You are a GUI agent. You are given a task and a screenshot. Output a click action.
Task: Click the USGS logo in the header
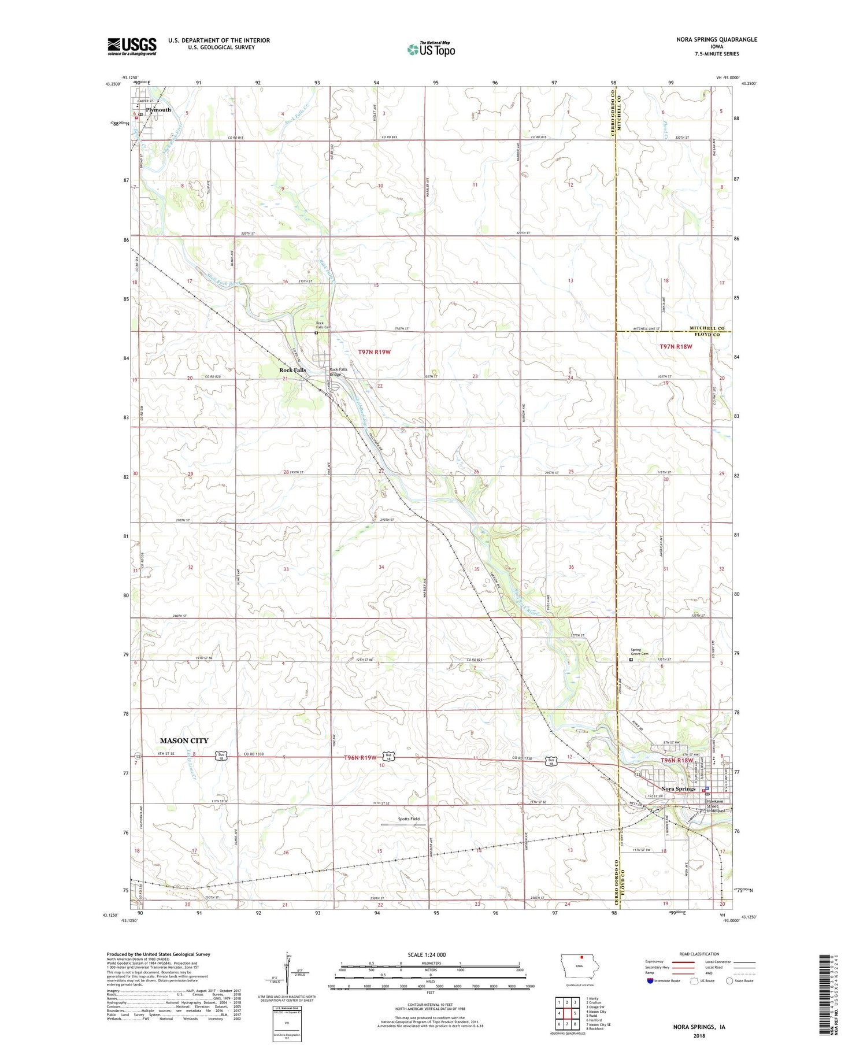[x=132, y=46]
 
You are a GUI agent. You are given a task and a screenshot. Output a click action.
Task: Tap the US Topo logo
[x=431, y=49]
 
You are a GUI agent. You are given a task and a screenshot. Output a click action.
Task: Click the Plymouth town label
[x=158, y=110]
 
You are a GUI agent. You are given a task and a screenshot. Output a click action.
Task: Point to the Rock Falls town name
[x=292, y=370]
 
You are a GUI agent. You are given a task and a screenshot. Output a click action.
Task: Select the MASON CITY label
[x=184, y=740]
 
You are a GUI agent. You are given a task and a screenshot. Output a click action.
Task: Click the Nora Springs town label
[x=679, y=789]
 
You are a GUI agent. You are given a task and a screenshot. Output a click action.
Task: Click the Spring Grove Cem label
[x=639, y=652]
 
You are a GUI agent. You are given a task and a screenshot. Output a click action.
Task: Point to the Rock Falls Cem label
[x=324, y=325]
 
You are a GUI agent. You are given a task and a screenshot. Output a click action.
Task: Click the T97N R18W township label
[x=676, y=346]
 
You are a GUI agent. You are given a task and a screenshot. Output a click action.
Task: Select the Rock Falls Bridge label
[x=339, y=372]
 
